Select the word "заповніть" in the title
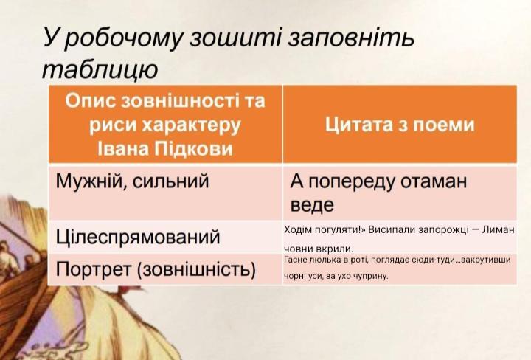click(x=351, y=37)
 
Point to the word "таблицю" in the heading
click(x=100, y=70)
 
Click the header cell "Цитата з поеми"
click(x=400, y=124)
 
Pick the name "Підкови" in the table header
click(x=194, y=148)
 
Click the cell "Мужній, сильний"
click(x=132, y=181)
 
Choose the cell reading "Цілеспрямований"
click(x=138, y=238)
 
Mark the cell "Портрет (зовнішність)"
click(x=156, y=269)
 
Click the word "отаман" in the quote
click(x=434, y=181)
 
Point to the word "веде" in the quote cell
click(x=312, y=205)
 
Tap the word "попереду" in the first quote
click(x=352, y=182)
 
